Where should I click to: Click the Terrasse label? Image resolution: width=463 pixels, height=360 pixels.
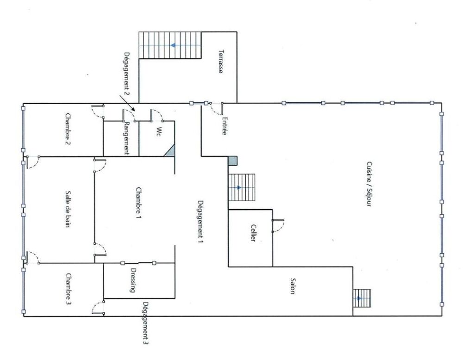tap(220, 62)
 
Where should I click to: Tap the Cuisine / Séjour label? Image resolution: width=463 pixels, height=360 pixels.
tap(369, 184)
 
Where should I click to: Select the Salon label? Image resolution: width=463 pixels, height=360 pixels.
tap(293, 286)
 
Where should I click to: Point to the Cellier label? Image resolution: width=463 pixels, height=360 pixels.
tap(253, 233)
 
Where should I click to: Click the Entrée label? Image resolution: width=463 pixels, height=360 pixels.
tap(225, 126)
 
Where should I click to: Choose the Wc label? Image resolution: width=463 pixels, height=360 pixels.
tap(158, 131)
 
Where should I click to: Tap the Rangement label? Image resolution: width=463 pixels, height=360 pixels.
tap(127, 138)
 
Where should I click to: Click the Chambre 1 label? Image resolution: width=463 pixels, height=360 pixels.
tap(138, 203)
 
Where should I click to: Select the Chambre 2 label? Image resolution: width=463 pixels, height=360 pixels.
tap(68, 129)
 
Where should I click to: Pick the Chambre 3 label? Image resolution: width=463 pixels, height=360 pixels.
tap(68, 289)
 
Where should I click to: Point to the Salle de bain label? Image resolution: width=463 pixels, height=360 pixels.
tap(68, 209)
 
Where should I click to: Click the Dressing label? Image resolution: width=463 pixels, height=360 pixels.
tap(133, 280)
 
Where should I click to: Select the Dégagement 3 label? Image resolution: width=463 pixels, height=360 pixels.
tap(146, 323)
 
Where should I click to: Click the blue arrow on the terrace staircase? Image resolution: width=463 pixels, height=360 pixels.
tap(173, 45)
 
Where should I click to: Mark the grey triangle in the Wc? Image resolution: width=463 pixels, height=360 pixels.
tap(170, 151)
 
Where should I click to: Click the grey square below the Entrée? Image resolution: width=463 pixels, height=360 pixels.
tap(233, 161)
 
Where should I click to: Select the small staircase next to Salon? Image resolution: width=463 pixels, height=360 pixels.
tap(362, 298)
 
